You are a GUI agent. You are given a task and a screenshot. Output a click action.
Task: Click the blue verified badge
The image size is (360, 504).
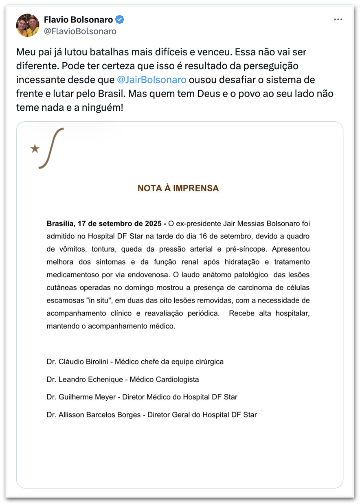point(119,19)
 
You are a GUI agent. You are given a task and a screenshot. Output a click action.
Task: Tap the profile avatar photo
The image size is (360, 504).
point(28,25)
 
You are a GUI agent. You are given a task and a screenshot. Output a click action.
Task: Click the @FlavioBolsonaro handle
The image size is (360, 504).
point(80,31)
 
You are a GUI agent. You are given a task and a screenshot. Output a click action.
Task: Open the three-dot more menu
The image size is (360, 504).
point(338,19)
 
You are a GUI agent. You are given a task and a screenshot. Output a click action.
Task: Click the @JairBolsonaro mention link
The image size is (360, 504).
point(151,79)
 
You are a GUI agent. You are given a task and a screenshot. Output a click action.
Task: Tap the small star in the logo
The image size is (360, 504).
point(35,149)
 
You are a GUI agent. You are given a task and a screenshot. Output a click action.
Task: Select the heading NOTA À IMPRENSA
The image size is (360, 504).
point(178,188)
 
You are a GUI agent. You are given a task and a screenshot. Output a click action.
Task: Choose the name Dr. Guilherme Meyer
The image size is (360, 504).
point(82,397)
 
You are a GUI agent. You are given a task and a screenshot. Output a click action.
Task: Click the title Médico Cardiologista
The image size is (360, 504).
point(164,379)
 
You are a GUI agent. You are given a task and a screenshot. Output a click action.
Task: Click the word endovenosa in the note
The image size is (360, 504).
point(151,274)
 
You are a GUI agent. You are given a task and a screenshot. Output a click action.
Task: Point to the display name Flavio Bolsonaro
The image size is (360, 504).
point(78,19)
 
